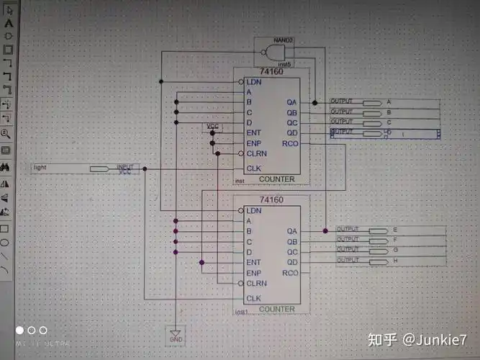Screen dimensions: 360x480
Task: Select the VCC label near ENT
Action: [212, 126]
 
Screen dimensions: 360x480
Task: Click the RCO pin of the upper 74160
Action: [291, 143]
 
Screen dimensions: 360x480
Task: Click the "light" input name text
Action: [40, 168]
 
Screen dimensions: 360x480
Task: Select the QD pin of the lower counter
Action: [291, 263]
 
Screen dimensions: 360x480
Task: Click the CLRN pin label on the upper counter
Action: [256, 154]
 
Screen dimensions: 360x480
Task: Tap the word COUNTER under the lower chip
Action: [276, 309]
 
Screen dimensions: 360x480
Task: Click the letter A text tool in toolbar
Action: [8, 23]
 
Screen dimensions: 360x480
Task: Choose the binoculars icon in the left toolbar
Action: [6, 166]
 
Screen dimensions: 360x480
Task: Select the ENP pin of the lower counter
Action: [253, 274]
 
